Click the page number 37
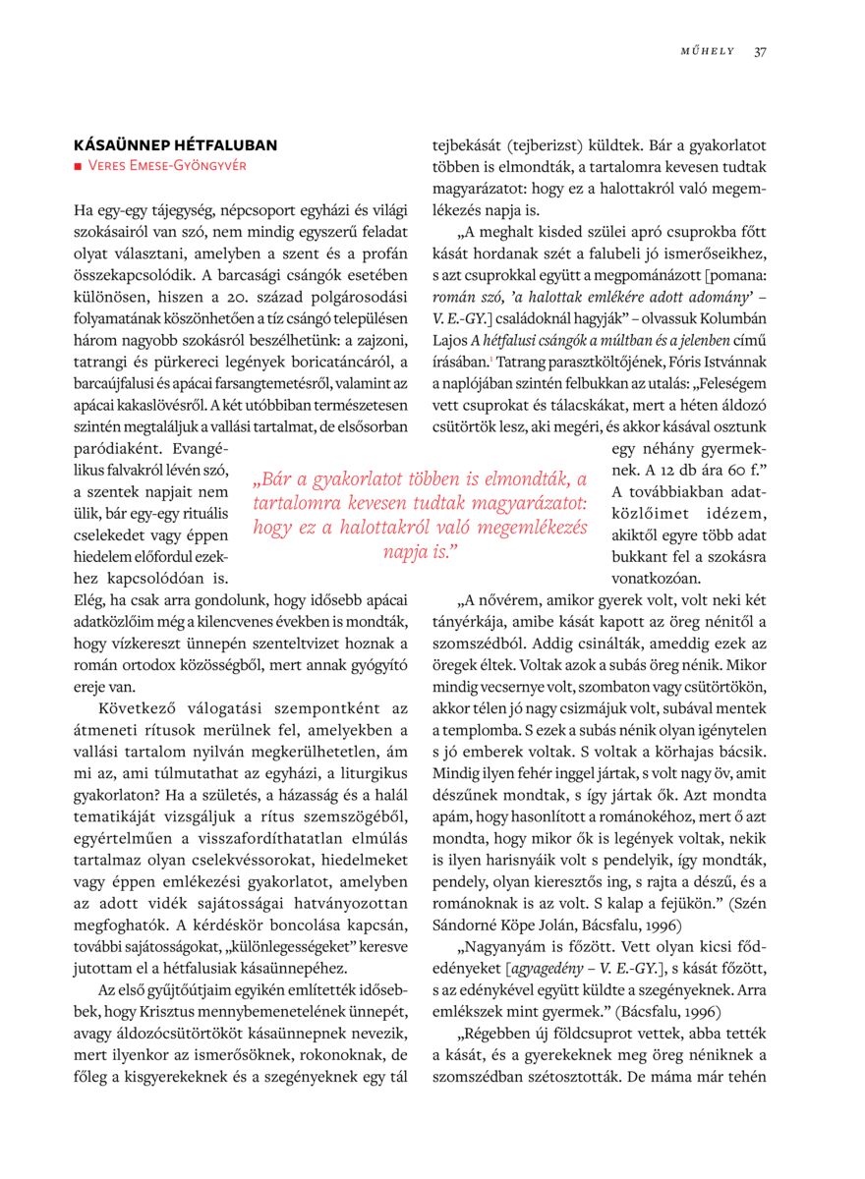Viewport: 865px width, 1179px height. [x=760, y=52]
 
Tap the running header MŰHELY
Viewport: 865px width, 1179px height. [x=708, y=52]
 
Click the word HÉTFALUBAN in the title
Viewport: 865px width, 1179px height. [x=224, y=145]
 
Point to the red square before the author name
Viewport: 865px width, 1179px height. [x=78, y=166]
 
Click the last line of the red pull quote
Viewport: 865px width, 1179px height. [x=420, y=551]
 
